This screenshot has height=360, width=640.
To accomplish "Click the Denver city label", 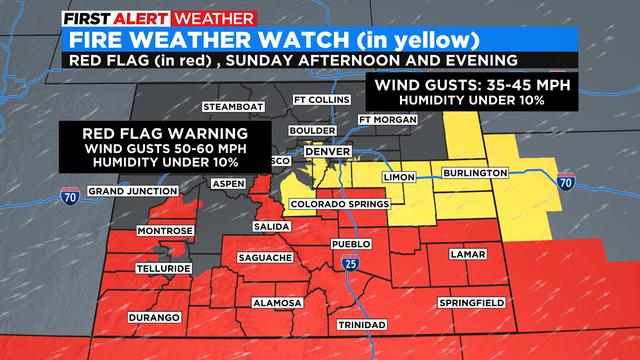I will tap(327, 151).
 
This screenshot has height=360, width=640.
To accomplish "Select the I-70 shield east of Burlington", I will tap(568, 181).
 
